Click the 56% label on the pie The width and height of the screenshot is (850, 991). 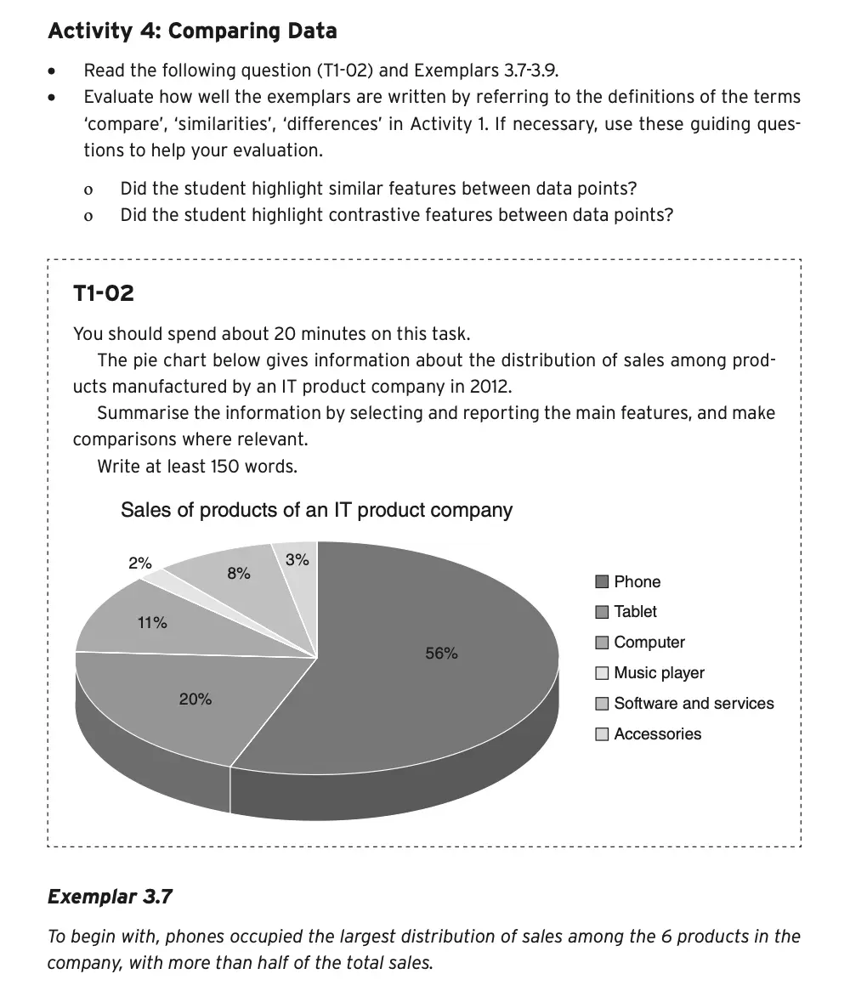click(x=441, y=654)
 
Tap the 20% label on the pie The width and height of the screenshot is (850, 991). click(x=195, y=699)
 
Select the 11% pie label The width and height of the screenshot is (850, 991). click(x=152, y=623)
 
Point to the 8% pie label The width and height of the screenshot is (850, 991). click(x=239, y=574)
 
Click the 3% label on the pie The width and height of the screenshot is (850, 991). click(x=297, y=560)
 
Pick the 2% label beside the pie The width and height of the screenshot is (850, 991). click(x=140, y=563)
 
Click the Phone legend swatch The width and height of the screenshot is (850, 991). click(x=602, y=582)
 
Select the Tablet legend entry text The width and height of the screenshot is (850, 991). click(x=635, y=612)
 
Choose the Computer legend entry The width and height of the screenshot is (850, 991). click(x=649, y=643)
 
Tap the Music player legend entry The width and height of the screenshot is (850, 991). click(x=659, y=673)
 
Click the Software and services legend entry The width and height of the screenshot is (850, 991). click(x=694, y=704)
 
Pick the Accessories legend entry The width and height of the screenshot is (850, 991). click(x=657, y=734)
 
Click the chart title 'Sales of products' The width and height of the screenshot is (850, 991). click(x=316, y=510)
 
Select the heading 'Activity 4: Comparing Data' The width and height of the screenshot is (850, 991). click(x=192, y=31)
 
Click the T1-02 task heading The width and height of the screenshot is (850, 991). click(x=104, y=294)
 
